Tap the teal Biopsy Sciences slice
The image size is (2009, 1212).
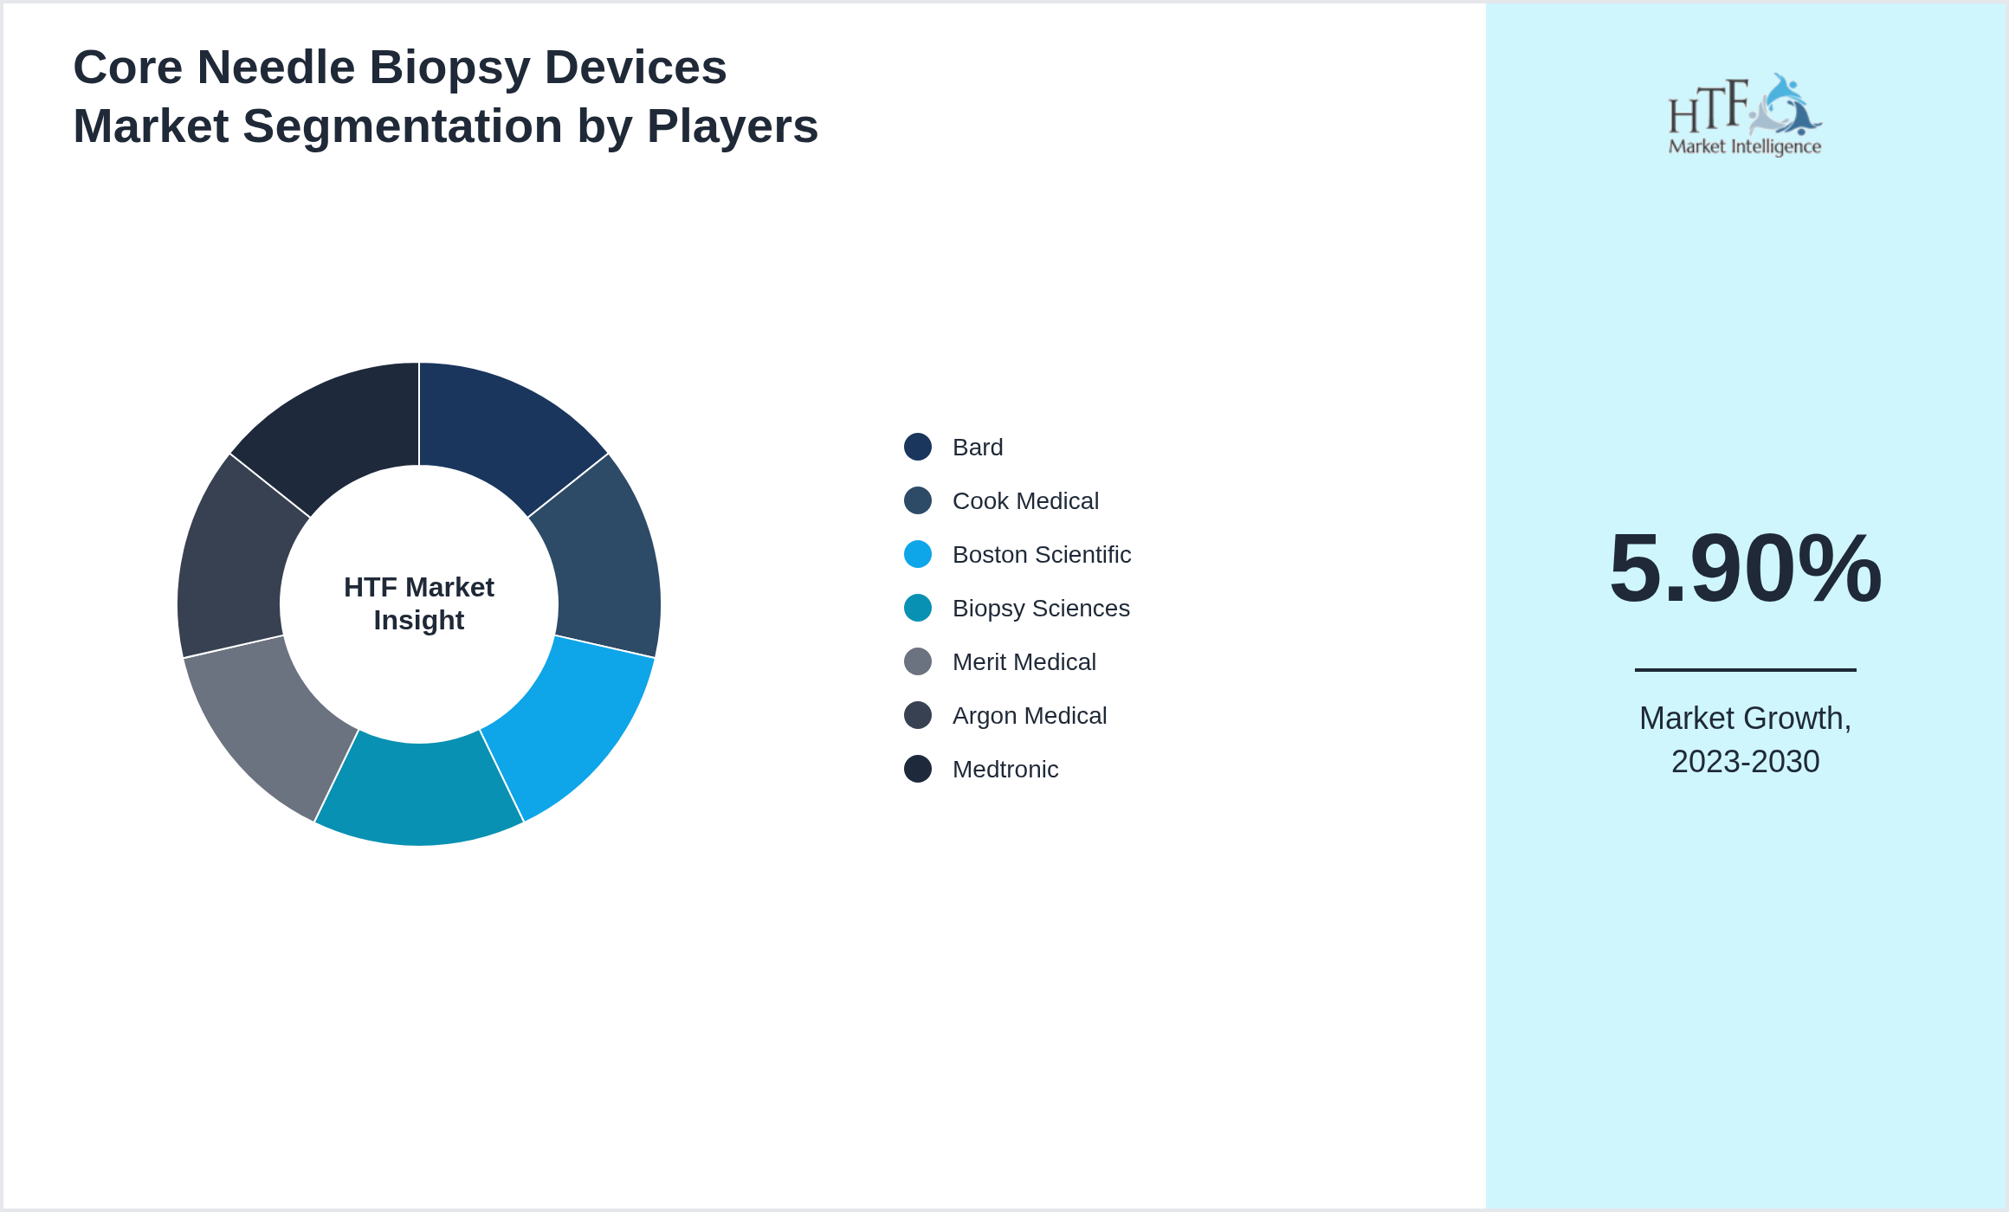pyautogui.click(x=419, y=792)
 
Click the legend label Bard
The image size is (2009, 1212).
pyautogui.click(x=978, y=448)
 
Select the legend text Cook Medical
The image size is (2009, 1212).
pyautogui.click(x=1025, y=501)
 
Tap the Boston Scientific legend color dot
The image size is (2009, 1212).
pyautogui.click(x=918, y=554)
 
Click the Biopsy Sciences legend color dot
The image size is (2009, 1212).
pyautogui.click(x=918, y=608)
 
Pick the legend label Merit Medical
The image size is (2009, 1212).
pyautogui.click(x=1024, y=662)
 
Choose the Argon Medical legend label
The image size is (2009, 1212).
pyautogui.click(x=1029, y=716)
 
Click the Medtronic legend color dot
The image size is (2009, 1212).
pyautogui.click(x=918, y=769)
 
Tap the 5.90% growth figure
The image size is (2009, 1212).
pyautogui.click(x=1745, y=569)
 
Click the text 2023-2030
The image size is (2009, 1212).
pyautogui.click(x=1745, y=762)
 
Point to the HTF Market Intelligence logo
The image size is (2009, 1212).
pyautogui.click(x=1745, y=115)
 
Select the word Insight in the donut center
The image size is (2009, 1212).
pyautogui.click(x=419, y=621)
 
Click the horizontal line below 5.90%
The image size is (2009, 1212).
pyautogui.click(x=1745, y=669)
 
